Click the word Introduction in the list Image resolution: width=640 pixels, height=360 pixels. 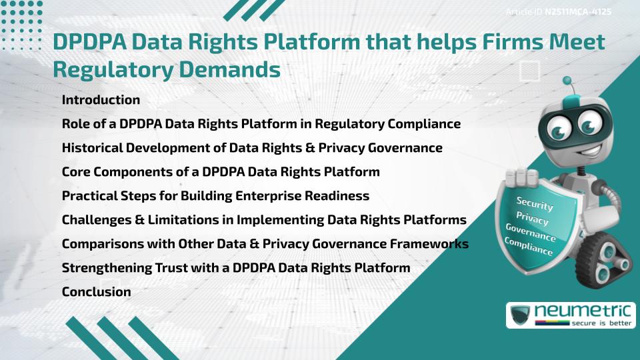101,100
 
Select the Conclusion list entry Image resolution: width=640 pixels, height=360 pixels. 96,291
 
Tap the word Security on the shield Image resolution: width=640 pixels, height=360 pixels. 534,204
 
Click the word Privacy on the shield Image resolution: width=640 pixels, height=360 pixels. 532,218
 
